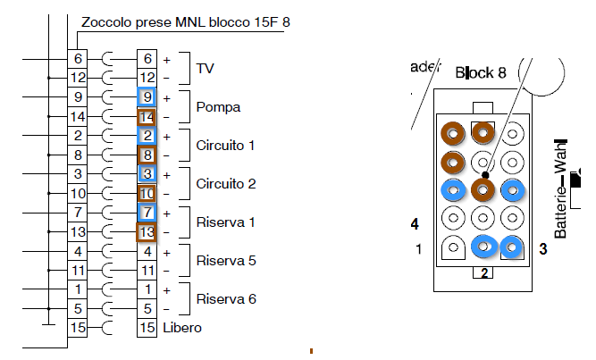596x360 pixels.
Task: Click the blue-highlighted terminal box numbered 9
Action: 147,97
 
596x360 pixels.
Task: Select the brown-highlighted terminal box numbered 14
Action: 147,116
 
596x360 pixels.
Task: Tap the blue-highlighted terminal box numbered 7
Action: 147,213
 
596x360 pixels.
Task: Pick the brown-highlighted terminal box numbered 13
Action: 147,232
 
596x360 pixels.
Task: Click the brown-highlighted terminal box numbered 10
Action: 147,193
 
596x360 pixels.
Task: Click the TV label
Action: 205,68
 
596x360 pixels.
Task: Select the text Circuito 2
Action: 225,184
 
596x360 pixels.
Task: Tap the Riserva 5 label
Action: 225,261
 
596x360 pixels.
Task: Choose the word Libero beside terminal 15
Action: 182,328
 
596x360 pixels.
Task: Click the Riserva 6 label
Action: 225,299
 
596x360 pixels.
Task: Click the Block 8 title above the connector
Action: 480,72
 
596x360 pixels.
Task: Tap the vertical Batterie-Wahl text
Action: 561,188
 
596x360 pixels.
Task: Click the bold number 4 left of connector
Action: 415,223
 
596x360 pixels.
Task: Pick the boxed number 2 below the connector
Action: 483,272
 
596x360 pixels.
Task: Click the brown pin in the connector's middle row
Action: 483,189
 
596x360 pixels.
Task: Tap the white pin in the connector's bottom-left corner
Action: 454,247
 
